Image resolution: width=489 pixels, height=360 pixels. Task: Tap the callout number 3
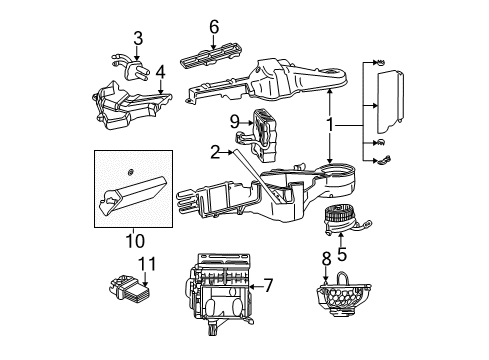tap(138, 39)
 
